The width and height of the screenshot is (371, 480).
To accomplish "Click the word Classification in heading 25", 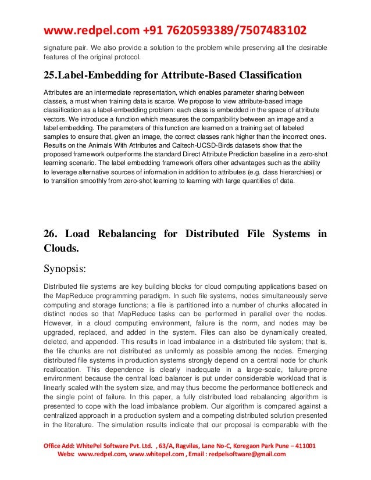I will pyautogui.click(x=265, y=76).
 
